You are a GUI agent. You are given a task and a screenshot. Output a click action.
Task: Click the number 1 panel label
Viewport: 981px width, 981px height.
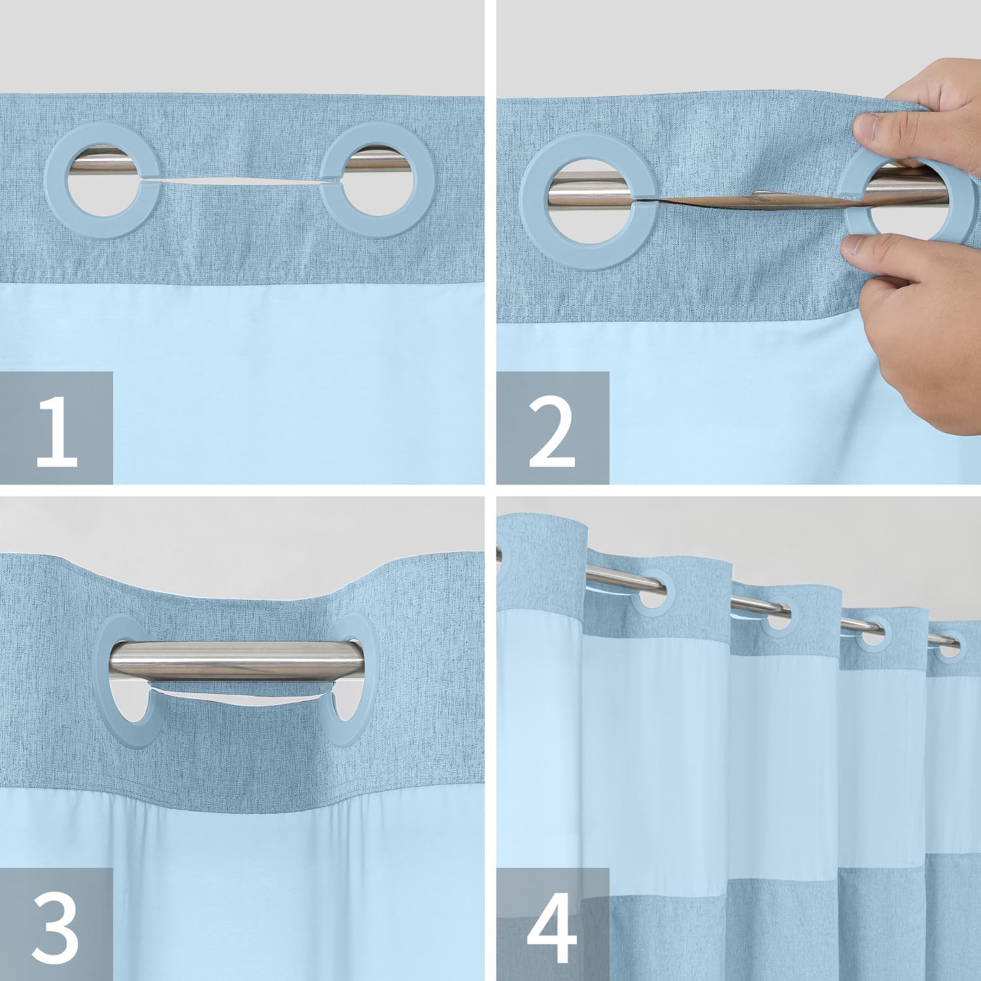(x=57, y=428)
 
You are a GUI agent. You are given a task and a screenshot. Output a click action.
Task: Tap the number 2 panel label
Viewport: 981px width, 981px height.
(x=553, y=428)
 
